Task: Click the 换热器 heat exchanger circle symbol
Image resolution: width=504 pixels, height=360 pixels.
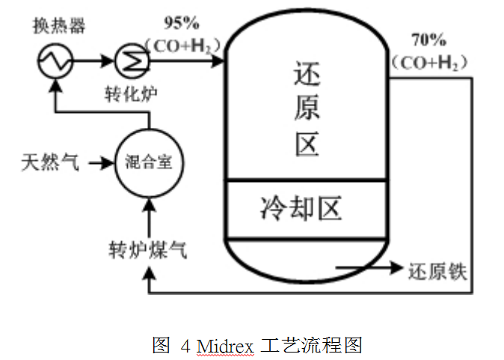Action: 54,60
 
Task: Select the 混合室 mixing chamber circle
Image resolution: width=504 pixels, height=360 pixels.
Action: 149,162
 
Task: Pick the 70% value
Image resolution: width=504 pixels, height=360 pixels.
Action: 429,38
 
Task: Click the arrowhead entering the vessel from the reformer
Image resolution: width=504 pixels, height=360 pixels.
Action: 218,60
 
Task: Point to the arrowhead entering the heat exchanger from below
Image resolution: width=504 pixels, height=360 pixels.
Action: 54,83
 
